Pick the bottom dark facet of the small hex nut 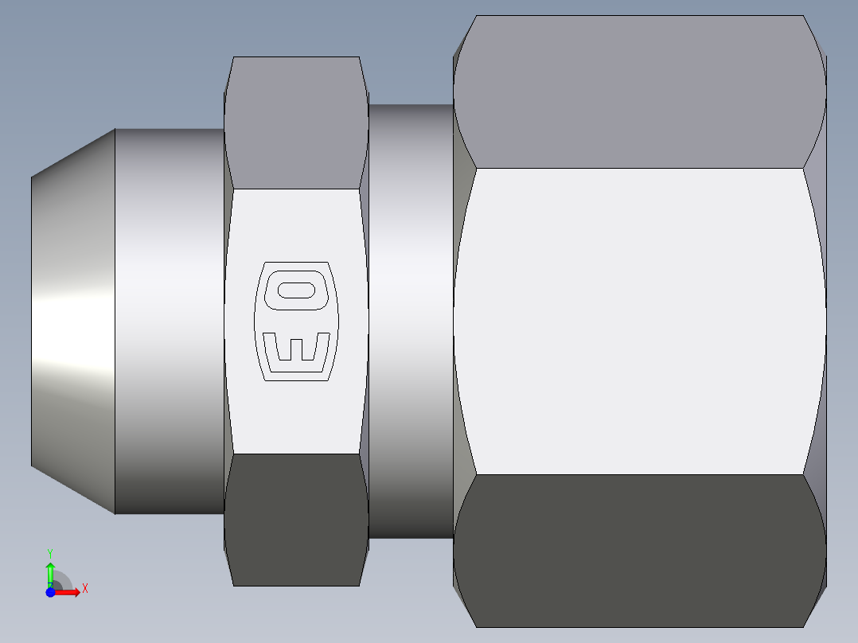[296, 519]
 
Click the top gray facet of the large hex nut [639, 92]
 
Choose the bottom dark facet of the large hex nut [639, 551]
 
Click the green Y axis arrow [50, 573]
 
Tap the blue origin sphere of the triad [50, 592]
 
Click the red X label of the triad [85, 589]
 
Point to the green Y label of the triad [50, 552]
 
